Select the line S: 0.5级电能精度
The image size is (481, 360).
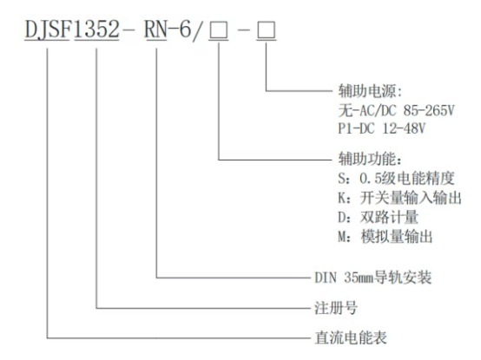point(393,180)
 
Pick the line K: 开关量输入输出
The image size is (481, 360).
point(399,199)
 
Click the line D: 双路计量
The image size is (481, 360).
point(374,217)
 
